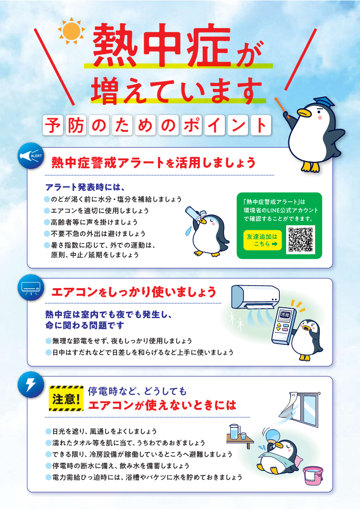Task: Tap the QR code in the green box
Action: tap(301, 240)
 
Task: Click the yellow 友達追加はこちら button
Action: tap(262, 240)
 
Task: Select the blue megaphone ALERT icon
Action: tap(31, 156)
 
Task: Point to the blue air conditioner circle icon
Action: tap(31, 287)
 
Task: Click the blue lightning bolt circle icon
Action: tap(31, 385)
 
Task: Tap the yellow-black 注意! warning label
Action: tap(66, 398)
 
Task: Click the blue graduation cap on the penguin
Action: tap(324, 102)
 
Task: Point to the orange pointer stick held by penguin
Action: tap(282, 107)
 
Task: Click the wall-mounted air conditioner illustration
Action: tap(255, 297)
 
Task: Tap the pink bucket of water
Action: tap(313, 475)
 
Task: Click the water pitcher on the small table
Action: tap(234, 432)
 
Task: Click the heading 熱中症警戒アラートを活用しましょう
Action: tap(154, 163)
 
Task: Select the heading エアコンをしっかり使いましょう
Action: tap(134, 292)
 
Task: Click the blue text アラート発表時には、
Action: tap(85, 187)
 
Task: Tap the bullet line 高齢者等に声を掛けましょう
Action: tap(94, 223)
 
